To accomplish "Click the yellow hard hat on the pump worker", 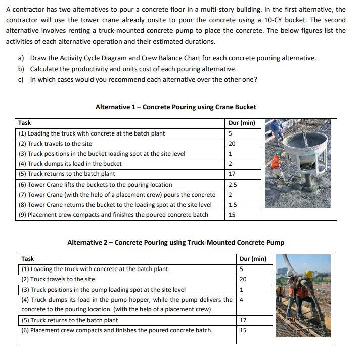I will (x=308, y=274).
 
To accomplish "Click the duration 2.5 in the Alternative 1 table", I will (x=233, y=185).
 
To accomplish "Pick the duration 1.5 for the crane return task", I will (x=233, y=205).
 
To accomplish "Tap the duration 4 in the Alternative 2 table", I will (x=242, y=299).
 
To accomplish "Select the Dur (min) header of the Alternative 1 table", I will (x=242, y=123).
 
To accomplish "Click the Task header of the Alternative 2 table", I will (x=27, y=259).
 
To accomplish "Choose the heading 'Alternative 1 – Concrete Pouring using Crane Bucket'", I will (x=175, y=107).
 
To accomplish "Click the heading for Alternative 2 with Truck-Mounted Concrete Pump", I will (x=175, y=242).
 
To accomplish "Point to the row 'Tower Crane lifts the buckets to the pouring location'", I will (x=95, y=185).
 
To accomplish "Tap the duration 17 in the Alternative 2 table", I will (x=243, y=320).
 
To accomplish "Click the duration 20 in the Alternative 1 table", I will (x=232, y=144).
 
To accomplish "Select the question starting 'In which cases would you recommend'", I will (x=144, y=79).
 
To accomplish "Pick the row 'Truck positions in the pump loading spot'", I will (x=103, y=290).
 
